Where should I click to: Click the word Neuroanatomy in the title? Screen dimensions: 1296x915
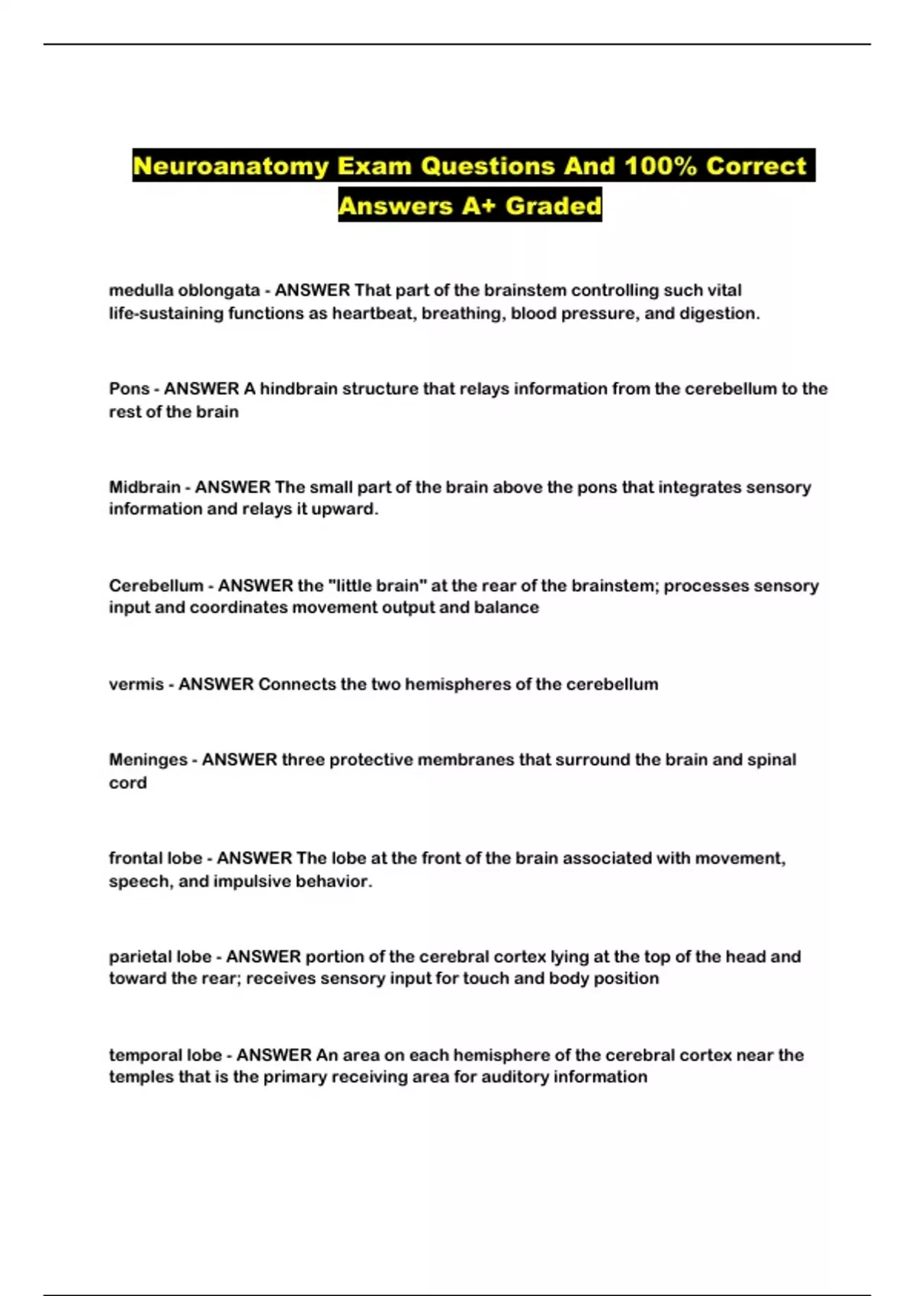230,166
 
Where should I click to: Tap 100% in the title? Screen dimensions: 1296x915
660,166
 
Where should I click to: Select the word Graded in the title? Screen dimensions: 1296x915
554,206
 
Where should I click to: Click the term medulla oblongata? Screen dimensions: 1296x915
184,290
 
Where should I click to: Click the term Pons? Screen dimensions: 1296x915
129,389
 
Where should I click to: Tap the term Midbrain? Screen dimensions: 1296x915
144,487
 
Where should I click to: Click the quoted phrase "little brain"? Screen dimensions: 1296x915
377,585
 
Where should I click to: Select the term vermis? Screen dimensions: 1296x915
136,684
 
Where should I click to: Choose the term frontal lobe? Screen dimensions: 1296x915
156,858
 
